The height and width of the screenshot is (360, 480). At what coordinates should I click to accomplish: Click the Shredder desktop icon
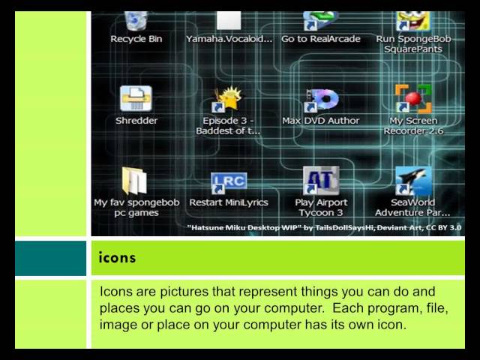coord(136,98)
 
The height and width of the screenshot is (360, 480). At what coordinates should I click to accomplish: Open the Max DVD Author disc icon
coord(321,100)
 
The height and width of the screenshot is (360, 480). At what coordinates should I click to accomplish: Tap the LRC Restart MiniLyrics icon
coord(228,181)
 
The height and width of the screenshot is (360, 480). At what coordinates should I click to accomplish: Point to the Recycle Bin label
coord(136,39)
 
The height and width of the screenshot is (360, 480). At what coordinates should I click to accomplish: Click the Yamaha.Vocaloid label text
coord(229,39)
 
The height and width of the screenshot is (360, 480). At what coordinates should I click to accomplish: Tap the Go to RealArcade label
coord(321,39)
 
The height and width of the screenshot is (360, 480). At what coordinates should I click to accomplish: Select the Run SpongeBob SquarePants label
coord(413,43)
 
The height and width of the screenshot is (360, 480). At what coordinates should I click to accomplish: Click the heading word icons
coord(118,258)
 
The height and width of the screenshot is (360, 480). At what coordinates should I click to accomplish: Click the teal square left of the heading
coord(50,258)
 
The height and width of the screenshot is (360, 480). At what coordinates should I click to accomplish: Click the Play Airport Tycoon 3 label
coord(321,207)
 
